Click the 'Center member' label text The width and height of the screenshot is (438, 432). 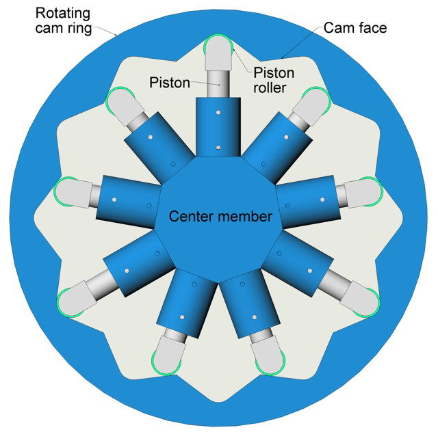212,217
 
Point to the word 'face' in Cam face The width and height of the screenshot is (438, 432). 372,28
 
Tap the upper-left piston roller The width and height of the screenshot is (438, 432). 121,102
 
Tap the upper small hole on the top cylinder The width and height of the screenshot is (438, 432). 217,111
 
